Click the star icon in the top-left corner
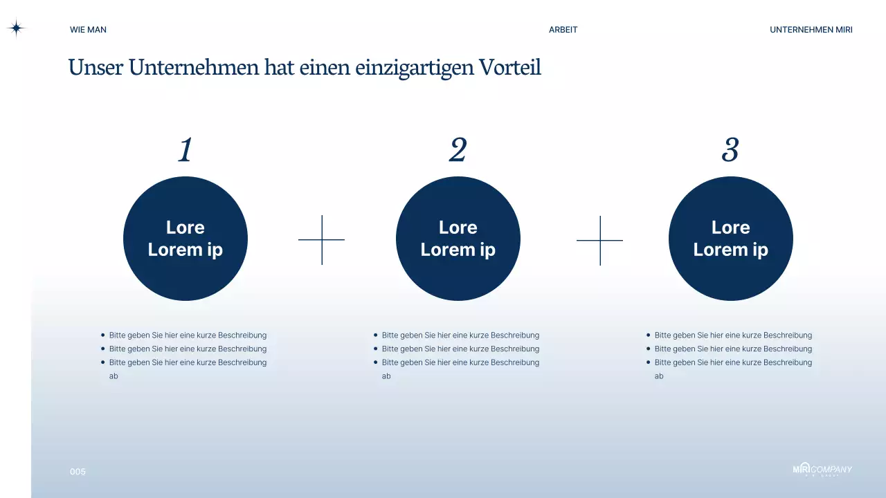click(16, 28)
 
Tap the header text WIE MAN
click(88, 30)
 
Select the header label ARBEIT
click(563, 30)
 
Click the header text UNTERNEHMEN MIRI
click(811, 30)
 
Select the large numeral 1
click(185, 150)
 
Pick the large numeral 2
click(458, 150)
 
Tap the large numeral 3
click(730, 150)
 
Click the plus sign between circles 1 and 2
click(322, 240)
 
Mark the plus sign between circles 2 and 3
click(600, 240)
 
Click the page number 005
click(78, 472)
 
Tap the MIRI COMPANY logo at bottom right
click(822, 470)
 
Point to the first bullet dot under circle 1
click(103, 335)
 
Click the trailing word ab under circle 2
click(386, 376)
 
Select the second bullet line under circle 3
click(733, 349)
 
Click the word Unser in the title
click(96, 68)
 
